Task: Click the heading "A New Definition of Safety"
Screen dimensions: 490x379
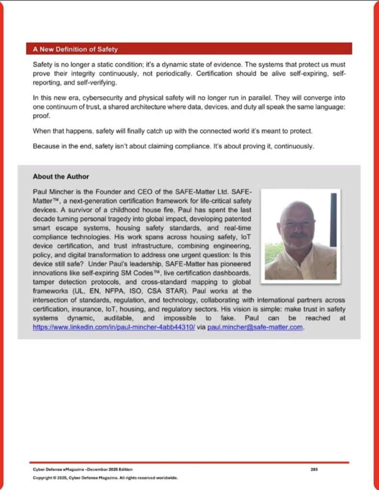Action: pos(75,49)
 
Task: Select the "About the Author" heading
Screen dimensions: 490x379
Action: pos(61,177)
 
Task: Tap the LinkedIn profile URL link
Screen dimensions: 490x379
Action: pos(114,328)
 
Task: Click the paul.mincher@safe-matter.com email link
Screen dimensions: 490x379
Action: pos(255,328)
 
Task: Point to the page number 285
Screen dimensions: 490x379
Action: pos(314,469)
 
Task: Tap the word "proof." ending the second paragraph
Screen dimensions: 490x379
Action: pos(42,116)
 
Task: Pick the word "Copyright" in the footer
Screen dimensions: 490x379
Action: pos(42,478)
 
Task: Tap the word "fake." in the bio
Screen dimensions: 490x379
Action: pos(223,318)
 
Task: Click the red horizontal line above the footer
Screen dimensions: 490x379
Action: pos(189,462)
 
